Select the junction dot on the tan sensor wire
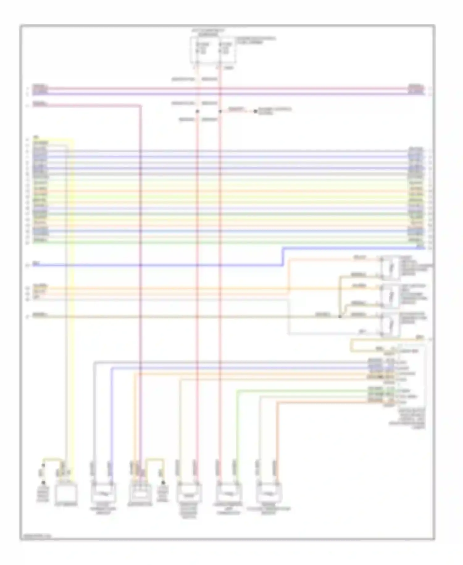click(340, 316)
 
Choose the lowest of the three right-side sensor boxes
click(390, 325)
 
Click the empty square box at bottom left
click(66, 494)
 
